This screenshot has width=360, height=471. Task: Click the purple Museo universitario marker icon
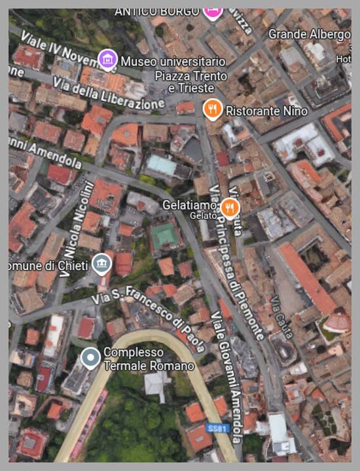pos(107,60)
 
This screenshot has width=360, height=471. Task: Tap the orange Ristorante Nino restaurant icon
pos(212,109)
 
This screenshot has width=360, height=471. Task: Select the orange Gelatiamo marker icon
pos(229,207)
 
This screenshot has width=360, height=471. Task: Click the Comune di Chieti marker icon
pos(101,265)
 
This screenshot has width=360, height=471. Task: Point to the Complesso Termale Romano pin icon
pos(90,357)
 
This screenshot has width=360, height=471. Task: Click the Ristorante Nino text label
pos(266,111)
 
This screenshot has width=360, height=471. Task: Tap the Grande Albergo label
pos(309,34)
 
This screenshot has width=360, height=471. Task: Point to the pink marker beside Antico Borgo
pos(212,11)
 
